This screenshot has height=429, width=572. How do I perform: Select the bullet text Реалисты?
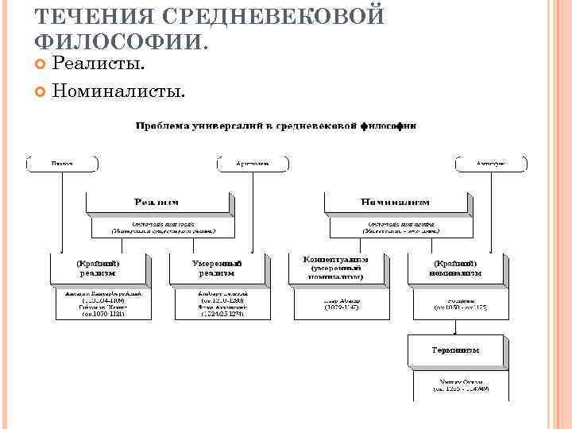pos(99,64)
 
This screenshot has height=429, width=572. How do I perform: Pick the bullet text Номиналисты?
pos(118,92)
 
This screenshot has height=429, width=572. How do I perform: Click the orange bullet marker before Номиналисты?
pos(41,92)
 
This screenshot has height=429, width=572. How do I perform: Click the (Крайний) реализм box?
pos(99,268)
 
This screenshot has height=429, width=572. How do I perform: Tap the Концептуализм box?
pos(336,268)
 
